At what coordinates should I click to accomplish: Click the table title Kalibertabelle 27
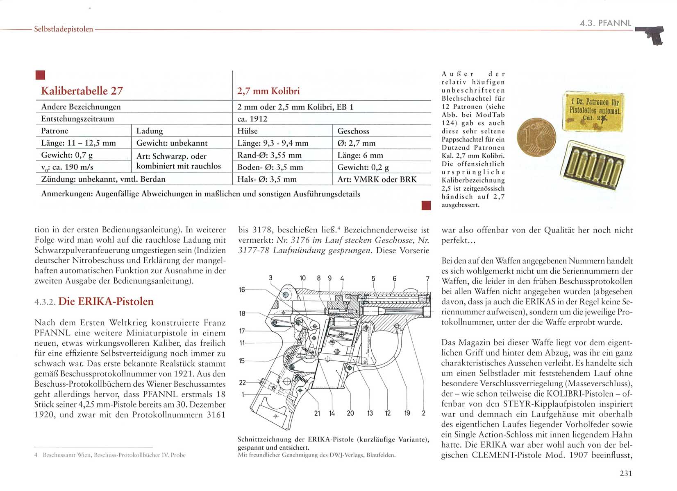click(x=82, y=91)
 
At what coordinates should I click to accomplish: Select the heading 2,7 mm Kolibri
click(x=268, y=91)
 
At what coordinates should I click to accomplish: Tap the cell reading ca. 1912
click(x=252, y=119)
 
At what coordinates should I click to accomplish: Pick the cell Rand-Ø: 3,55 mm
click(x=269, y=155)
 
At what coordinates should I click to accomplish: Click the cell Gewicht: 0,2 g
click(x=363, y=167)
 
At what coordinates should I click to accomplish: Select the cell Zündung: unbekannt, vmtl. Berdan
click(x=103, y=179)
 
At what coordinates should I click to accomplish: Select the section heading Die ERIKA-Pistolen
click(x=106, y=302)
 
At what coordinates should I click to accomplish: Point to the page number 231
click(x=626, y=473)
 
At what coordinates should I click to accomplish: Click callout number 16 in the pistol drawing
click(x=242, y=290)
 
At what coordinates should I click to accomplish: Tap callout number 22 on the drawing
click(x=242, y=383)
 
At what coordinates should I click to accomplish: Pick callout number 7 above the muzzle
click(x=427, y=279)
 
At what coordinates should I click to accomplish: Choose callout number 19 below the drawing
click(x=407, y=413)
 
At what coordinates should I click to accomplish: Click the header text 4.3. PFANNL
click(x=605, y=23)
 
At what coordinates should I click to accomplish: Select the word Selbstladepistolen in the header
click(x=64, y=29)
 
